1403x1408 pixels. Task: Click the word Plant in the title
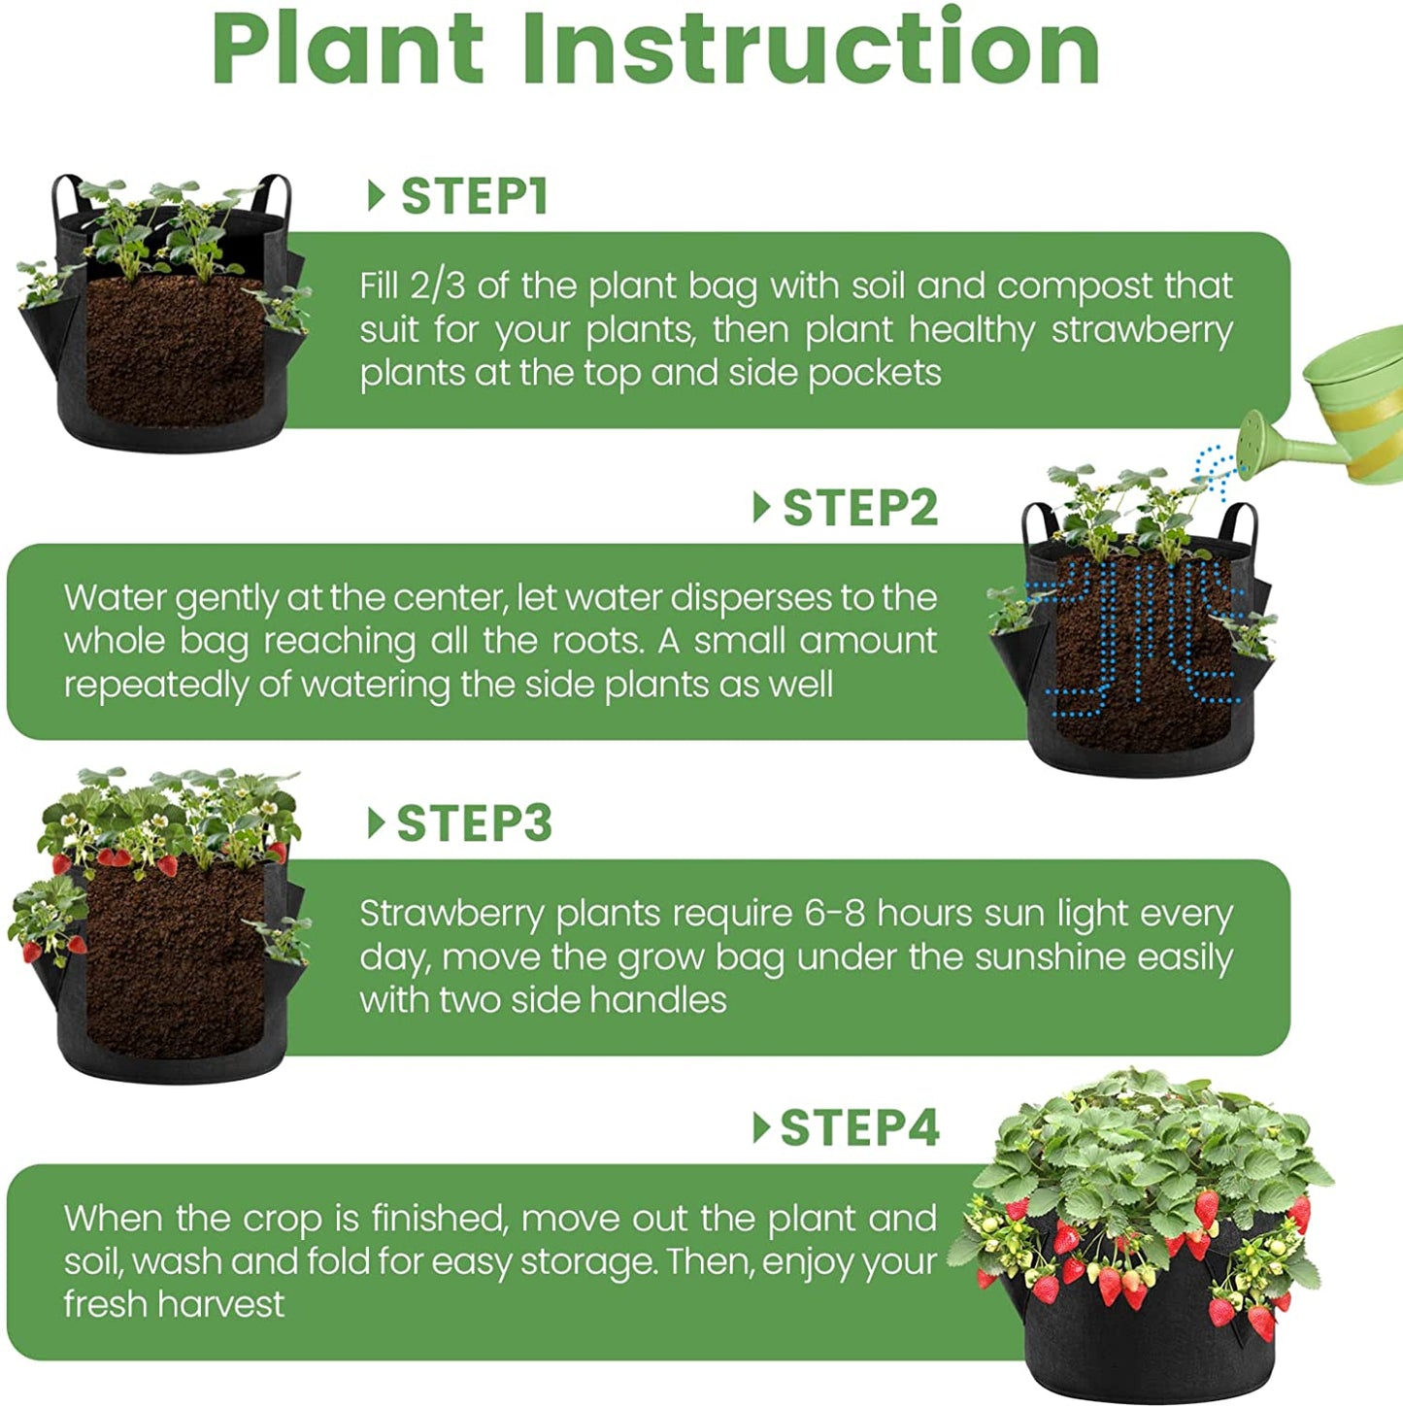click(349, 49)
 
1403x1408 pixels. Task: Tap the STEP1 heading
click(474, 196)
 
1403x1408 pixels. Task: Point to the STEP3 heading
click(474, 822)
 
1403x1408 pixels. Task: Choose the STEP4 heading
click(859, 1127)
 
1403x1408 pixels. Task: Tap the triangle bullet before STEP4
click(761, 1127)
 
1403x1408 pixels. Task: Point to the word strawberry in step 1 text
click(1142, 331)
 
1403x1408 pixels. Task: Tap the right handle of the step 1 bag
click(275, 195)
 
